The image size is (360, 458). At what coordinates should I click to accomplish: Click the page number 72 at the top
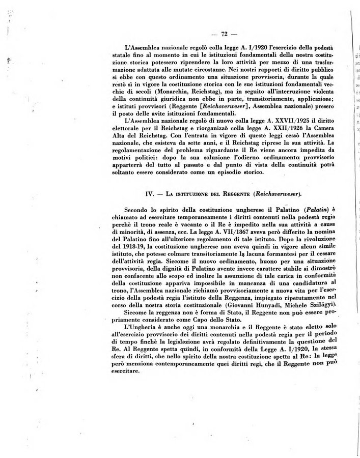pyautogui.click(x=224, y=34)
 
